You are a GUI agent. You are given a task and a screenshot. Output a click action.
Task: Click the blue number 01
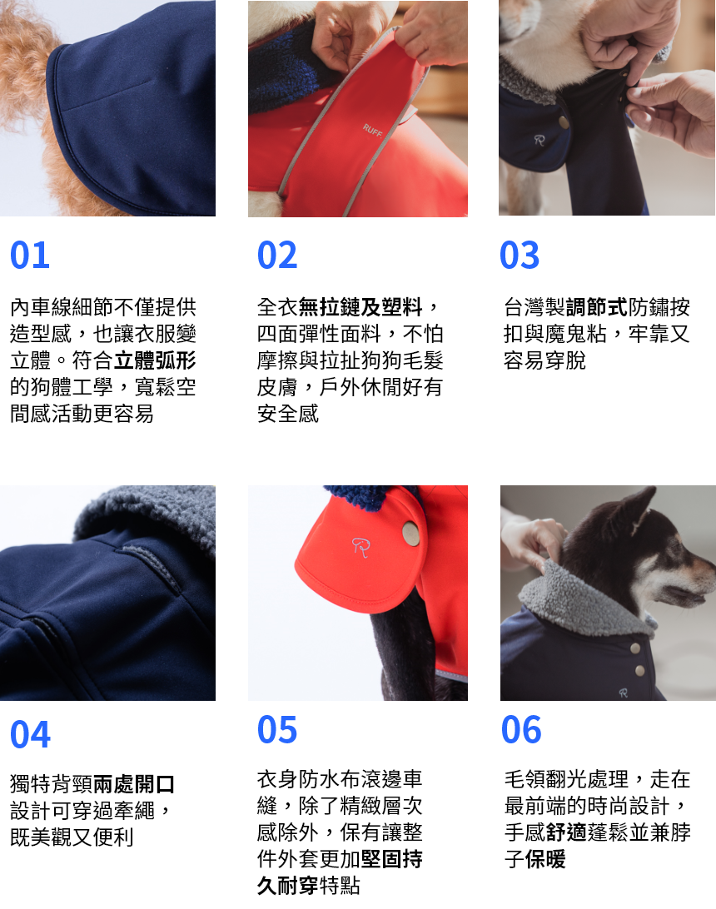click(30, 256)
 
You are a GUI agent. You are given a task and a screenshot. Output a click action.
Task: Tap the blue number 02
click(277, 256)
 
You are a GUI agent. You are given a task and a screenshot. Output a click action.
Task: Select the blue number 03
click(520, 256)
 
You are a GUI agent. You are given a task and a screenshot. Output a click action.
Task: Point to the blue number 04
click(31, 735)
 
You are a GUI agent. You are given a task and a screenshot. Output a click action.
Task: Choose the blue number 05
click(277, 730)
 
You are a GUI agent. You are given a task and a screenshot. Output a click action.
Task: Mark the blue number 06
click(521, 730)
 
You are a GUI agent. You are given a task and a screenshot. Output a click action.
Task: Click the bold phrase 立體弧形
click(155, 360)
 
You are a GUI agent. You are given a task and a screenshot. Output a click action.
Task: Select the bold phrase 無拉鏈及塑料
click(360, 307)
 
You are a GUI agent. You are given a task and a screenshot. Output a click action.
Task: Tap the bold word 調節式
click(596, 307)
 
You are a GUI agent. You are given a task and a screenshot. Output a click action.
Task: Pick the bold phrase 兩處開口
click(134, 783)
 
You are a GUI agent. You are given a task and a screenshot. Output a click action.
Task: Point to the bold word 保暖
click(545, 859)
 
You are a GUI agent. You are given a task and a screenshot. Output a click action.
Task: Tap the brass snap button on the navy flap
click(564, 123)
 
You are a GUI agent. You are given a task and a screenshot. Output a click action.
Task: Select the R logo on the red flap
click(360, 546)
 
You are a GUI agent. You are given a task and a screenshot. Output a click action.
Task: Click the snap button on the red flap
click(410, 534)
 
